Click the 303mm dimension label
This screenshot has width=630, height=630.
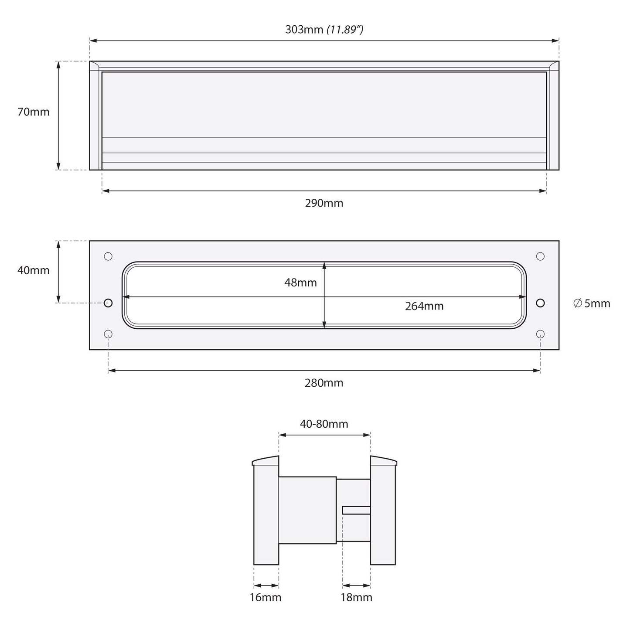coord(304,29)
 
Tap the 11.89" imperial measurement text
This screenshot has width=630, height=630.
coord(345,30)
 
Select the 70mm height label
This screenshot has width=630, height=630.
coord(33,112)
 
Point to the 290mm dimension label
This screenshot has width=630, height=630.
coord(324,203)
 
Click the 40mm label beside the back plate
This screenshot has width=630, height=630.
coord(33,270)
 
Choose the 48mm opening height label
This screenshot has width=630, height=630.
coord(300,283)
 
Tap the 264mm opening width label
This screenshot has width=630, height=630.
coord(424,306)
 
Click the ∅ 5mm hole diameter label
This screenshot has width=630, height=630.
coord(592,303)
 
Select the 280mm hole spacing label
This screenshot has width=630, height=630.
coord(324,383)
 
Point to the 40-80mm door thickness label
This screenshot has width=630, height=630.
coord(324,424)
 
